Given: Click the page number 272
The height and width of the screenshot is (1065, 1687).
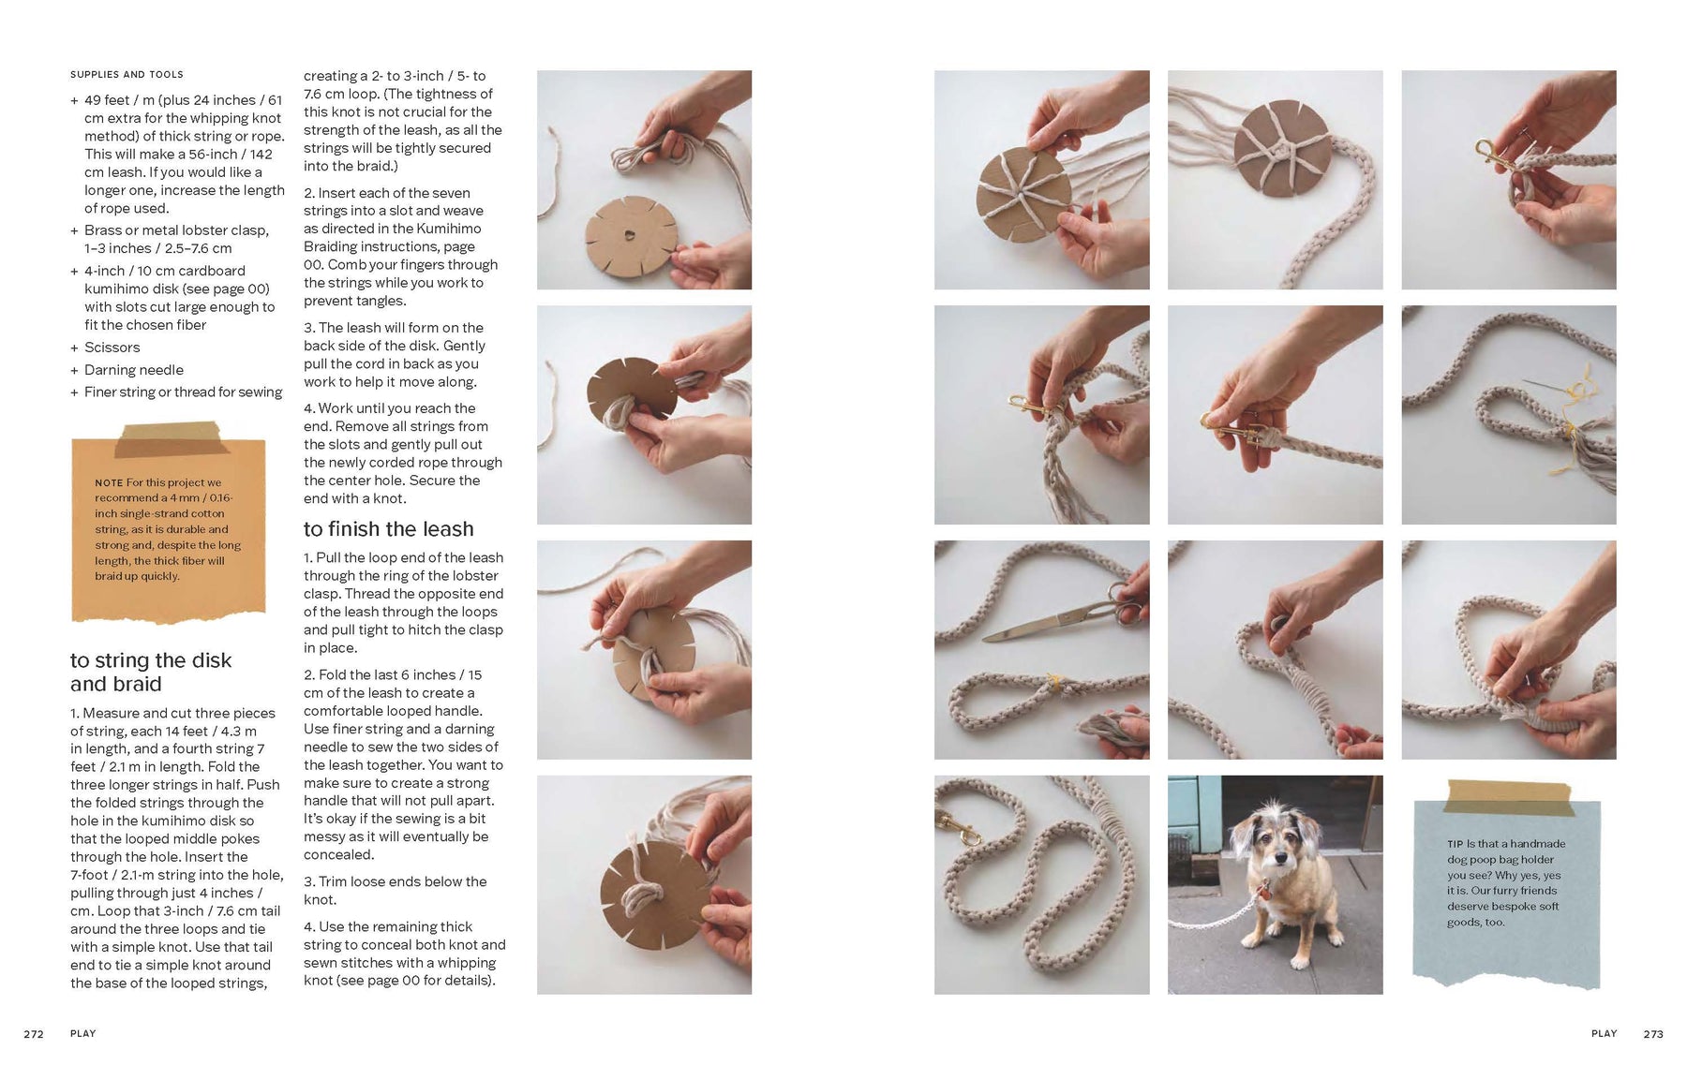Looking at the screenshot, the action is click(x=34, y=1034).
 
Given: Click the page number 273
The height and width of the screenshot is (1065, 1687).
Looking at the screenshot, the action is click(x=1653, y=1034).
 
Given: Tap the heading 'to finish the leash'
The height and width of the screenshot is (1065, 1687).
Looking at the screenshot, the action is click(x=389, y=529).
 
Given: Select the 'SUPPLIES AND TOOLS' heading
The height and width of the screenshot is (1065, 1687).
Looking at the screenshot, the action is click(x=127, y=75).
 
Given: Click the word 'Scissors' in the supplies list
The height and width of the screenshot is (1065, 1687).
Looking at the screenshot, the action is click(x=112, y=348).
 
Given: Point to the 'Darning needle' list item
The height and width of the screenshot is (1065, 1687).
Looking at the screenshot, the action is click(x=134, y=370).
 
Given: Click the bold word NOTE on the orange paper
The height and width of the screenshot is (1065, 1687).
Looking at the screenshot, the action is click(x=109, y=483).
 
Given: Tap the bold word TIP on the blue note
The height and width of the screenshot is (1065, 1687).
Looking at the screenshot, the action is click(x=1456, y=844).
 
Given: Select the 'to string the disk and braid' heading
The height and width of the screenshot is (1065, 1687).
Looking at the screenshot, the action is click(x=151, y=673).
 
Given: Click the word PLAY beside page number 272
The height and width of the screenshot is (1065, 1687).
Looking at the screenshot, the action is click(x=83, y=1034).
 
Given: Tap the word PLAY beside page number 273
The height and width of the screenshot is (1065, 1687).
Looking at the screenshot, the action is click(x=1605, y=1034).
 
